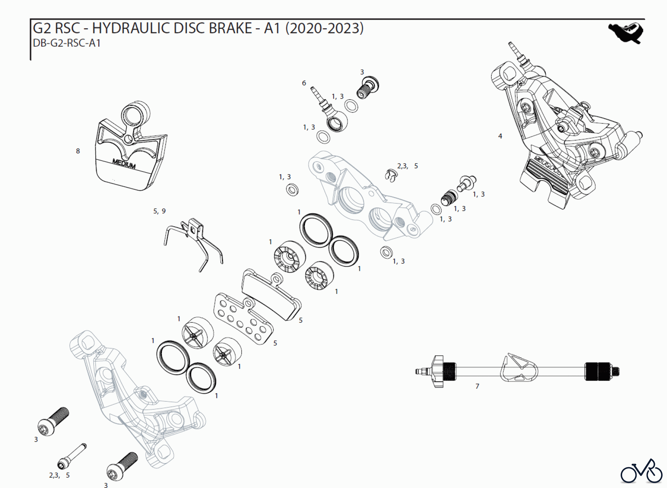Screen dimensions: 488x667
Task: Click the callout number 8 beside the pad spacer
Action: [78, 151]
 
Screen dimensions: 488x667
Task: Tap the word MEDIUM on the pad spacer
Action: [124, 163]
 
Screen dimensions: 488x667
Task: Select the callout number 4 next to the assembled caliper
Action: [500, 136]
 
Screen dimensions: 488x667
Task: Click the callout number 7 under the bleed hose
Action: [477, 386]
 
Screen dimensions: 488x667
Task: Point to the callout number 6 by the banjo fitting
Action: [304, 83]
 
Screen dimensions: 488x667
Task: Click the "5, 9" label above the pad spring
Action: [159, 211]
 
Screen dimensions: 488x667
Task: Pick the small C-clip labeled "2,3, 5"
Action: [390, 175]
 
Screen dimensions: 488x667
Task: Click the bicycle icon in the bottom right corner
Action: [641, 472]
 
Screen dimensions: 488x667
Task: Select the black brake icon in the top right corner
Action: [626, 33]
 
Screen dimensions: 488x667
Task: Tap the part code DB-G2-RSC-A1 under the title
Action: [67, 43]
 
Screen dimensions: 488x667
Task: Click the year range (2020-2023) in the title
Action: [324, 28]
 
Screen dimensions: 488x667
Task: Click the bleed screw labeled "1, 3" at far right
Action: [467, 183]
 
